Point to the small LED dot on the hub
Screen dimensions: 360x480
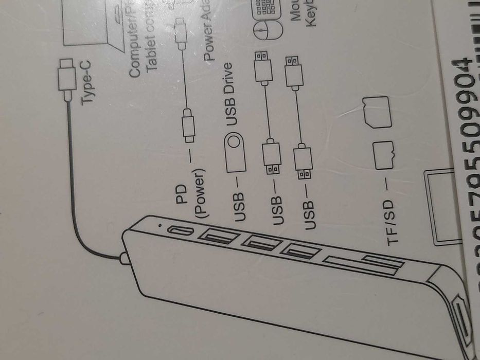click(x=163, y=226)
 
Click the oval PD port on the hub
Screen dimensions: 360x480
click(x=180, y=232)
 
